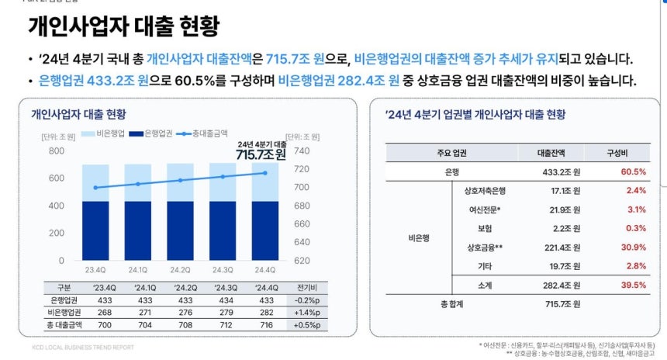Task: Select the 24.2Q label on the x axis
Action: coord(180,270)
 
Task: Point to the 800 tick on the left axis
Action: coord(56,151)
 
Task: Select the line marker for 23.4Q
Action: coord(95,188)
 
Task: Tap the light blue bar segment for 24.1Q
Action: coord(138,182)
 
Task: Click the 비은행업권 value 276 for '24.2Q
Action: coord(180,312)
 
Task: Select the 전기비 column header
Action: coord(306,287)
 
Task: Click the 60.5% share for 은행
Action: coord(634,171)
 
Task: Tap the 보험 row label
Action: coord(486,228)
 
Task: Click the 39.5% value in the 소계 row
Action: coord(634,286)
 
